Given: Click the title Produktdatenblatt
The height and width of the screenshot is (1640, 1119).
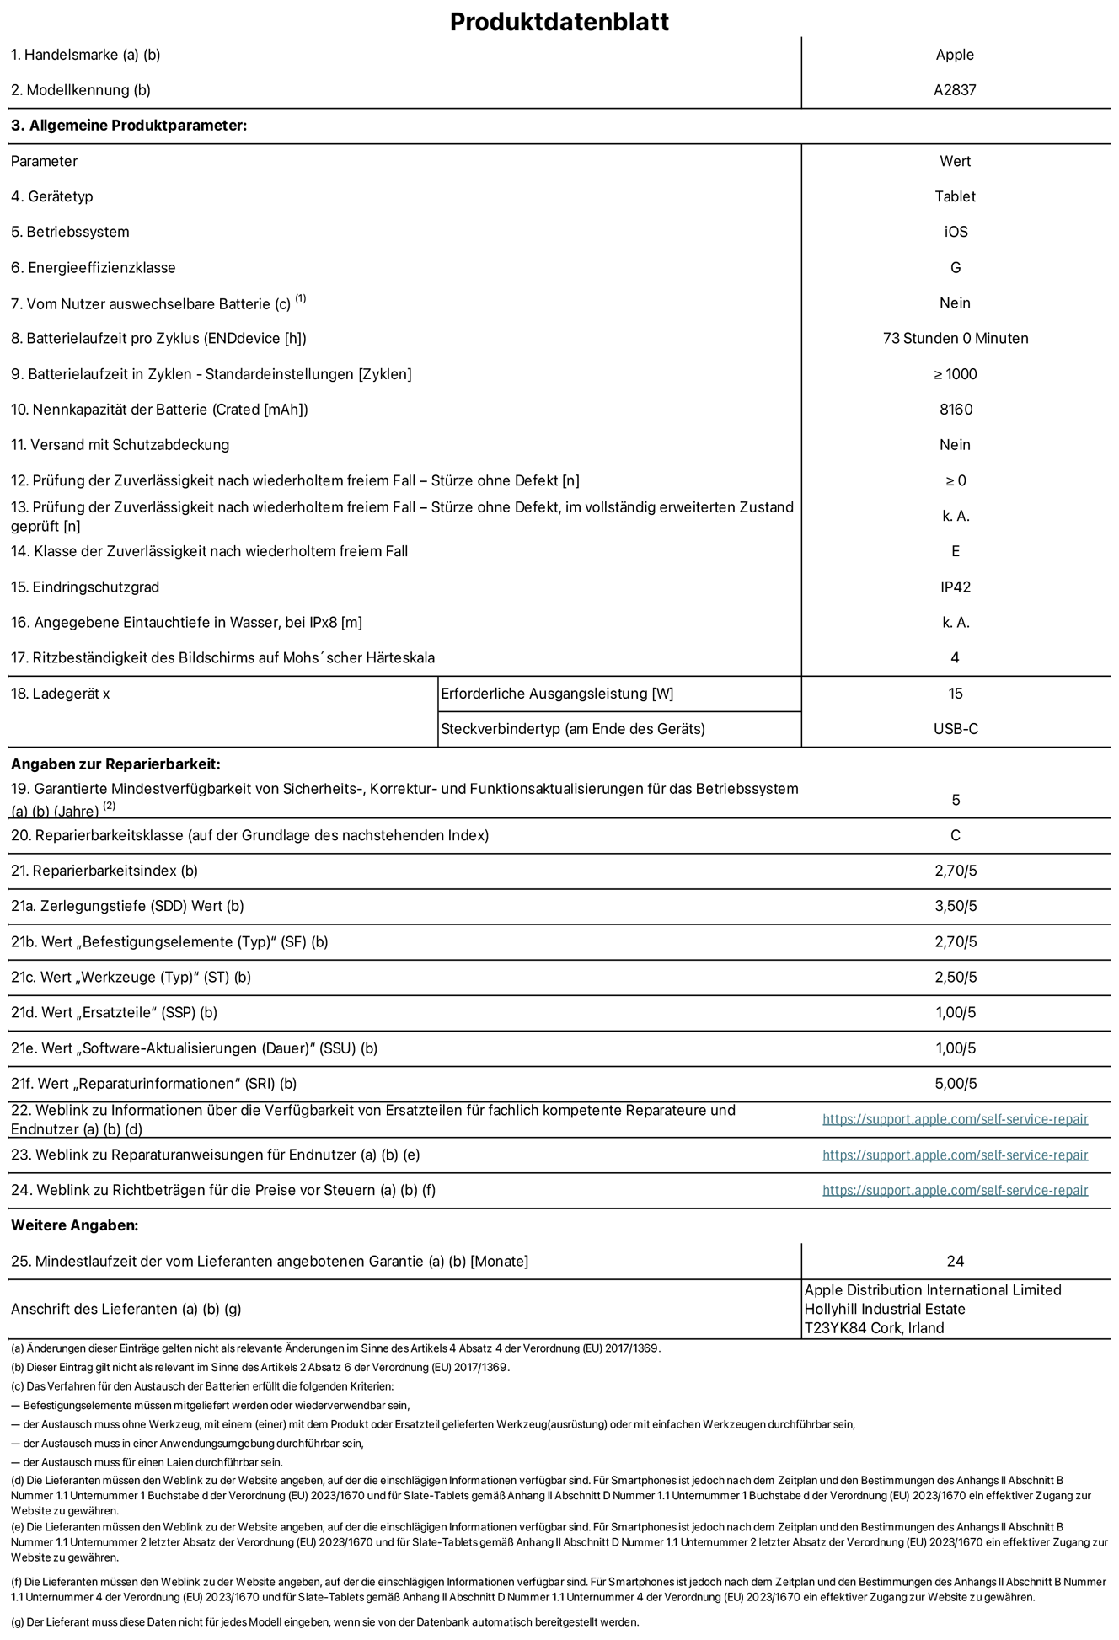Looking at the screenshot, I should pyautogui.click(x=559, y=21).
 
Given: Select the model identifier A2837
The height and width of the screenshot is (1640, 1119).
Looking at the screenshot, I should pyautogui.click(x=955, y=90).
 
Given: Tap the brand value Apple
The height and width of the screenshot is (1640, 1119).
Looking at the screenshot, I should pyautogui.click(x=955, y=55).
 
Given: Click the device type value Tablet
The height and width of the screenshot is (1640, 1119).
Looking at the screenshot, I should pyautogui.click(x=955, y=196).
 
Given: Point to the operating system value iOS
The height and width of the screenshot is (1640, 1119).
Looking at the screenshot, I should pyautogui.click(x=956, y=232).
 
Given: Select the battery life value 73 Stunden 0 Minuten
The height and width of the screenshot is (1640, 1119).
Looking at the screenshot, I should pyautogui.click(x=955, y=338).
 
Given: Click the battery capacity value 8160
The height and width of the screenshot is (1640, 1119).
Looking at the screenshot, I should pyautogui.click(x=956, y=410).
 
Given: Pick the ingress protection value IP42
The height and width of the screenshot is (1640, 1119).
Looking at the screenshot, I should pyautogui.click(x=956, y=587).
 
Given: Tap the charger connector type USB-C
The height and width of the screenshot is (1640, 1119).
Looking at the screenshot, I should pyautogui.click(x=956, y=729).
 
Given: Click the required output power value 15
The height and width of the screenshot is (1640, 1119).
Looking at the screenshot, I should pyautogui.click(x=956, y=694).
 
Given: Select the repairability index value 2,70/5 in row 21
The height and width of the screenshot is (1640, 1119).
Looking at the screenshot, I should pyautogui.click(x=956, y=871).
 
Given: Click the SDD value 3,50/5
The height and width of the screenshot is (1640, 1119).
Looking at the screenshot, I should pyautogui.click(x=956, y=906).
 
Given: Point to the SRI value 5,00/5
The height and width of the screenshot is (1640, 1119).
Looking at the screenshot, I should pyautogui.click(x=956, y=1084).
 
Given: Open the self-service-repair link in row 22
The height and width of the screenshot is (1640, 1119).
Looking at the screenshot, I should pyautogui.click(x=955, y=1119).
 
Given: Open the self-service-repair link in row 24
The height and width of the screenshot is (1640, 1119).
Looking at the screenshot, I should pyautogui.click(x=955, y=1190).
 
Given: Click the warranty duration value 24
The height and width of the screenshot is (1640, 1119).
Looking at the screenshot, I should pyautogui.click(x=955, y=1261).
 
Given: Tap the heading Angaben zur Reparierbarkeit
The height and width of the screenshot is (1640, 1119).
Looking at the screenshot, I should pyautogui.click(x=115, y=764).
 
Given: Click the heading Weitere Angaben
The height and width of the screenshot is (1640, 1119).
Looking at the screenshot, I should pyautogui.click(x=74, y=1225).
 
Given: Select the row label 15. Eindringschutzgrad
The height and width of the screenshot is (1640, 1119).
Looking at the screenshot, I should pyautogui.click(x=85, y=587).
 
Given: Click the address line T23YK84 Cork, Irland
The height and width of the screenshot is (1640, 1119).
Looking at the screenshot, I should pyautogui.click(x=874, y=1328).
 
